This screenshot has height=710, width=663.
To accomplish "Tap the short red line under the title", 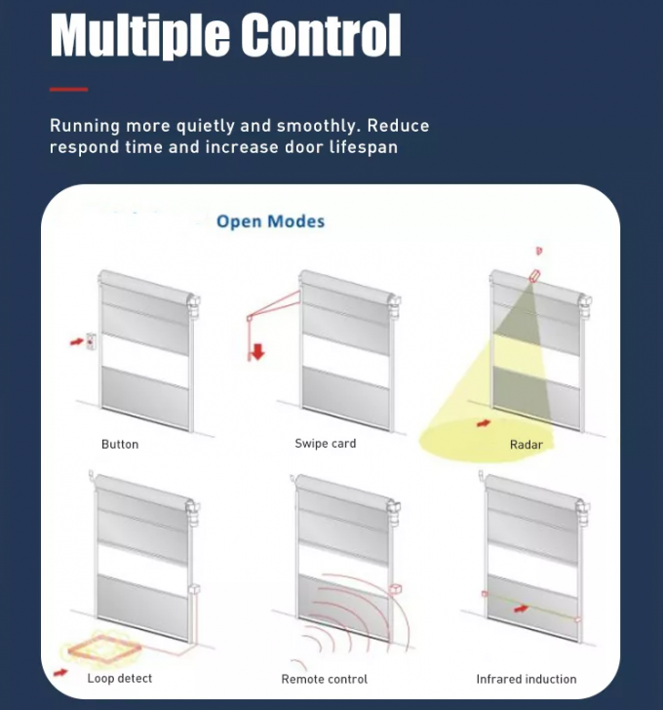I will (68, 89).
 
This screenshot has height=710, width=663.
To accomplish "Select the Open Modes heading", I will (270, 221).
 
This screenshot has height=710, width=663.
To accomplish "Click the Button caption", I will (120, 445).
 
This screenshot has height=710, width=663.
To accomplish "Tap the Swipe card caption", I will (325, 444).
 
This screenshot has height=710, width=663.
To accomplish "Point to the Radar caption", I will (526, 445).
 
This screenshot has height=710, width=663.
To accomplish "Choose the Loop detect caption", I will (119, 678).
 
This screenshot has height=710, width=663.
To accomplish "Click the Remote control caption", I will (324, 679).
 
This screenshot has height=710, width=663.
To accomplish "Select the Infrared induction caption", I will (526, 679).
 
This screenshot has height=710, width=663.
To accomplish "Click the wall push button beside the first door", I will (91, 341).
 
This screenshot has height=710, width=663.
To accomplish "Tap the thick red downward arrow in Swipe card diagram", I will (257, 350).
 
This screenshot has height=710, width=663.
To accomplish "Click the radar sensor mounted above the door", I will (533, 275).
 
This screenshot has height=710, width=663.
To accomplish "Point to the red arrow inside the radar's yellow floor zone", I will (482, 423).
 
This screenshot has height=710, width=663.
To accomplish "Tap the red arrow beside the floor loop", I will (60, 672).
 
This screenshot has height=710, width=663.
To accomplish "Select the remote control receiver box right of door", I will (396, 588).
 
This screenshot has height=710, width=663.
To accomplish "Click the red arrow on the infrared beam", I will (523, 608).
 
